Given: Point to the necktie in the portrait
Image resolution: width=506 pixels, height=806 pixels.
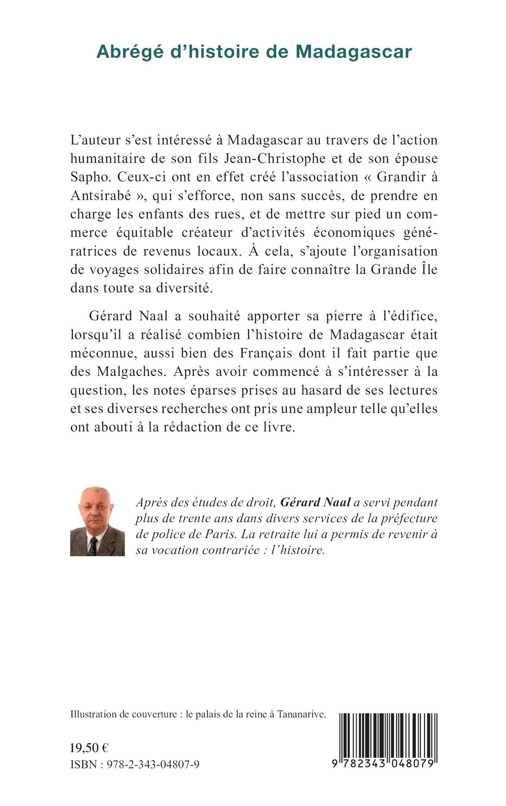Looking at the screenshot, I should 93,546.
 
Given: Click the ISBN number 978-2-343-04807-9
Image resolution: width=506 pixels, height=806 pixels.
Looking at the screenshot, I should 153,764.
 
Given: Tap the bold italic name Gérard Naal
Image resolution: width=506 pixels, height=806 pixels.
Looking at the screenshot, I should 316,503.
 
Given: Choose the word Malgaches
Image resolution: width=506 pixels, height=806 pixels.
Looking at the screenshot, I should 132,372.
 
